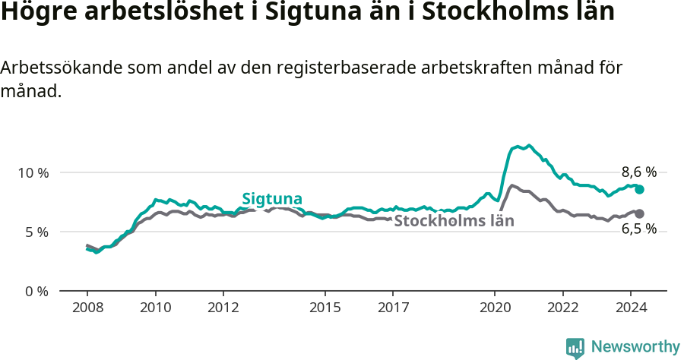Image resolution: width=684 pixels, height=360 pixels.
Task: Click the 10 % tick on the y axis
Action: point(33,172)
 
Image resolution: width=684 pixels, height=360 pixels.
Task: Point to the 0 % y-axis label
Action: point(36,291)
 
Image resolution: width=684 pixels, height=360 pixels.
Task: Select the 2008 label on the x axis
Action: point(87,308)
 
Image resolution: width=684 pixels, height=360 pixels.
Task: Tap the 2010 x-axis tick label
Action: point(156,308)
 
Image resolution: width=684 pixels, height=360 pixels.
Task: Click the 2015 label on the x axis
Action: point(325,308)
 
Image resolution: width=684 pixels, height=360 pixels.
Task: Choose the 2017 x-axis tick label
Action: point(393,308)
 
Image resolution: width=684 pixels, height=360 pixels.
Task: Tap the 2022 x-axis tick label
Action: point(563,308)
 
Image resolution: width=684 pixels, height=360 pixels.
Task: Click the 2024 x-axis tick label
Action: point(631,308)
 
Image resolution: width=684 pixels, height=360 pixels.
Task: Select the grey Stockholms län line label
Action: point(454,221)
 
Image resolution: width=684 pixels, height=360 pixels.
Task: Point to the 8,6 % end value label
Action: point(638,172)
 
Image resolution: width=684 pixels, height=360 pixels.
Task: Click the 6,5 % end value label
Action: point(638,229)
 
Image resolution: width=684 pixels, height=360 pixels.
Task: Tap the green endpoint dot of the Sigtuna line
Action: point(640,189)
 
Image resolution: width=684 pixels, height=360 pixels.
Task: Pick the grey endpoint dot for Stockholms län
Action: point(640,213)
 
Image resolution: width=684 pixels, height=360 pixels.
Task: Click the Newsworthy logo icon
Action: point(575,348)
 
